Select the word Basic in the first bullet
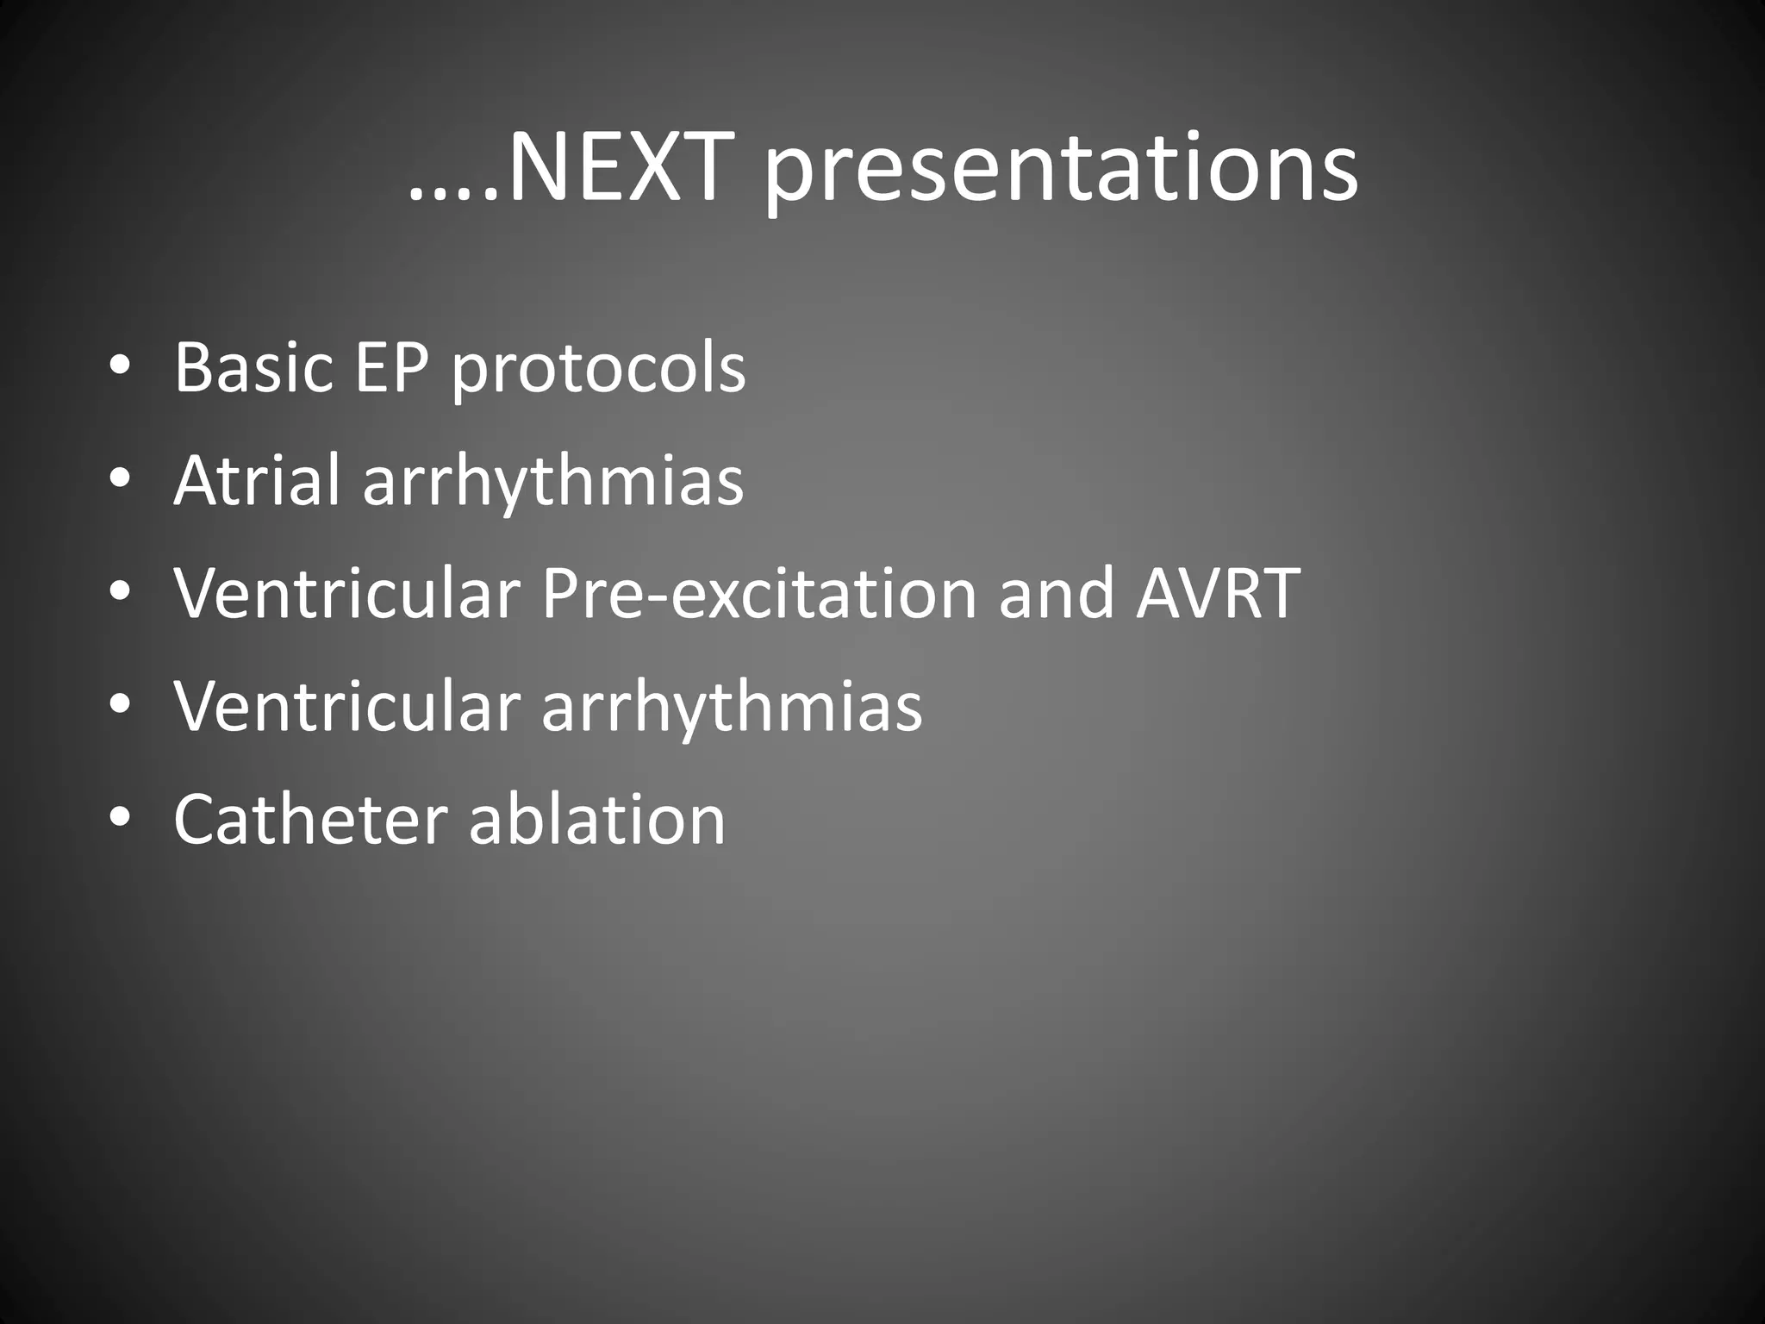pos(253,368)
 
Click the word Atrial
pos(257,480)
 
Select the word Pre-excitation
pos(758,595)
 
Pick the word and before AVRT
pos(1057,595)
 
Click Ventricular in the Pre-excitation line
pos(346,595)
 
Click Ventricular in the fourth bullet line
pos(346,707)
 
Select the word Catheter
pos(309,819)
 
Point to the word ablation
pos(597,819)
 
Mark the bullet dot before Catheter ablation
pos(120,818)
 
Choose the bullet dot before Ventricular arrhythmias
pos(120,705)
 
